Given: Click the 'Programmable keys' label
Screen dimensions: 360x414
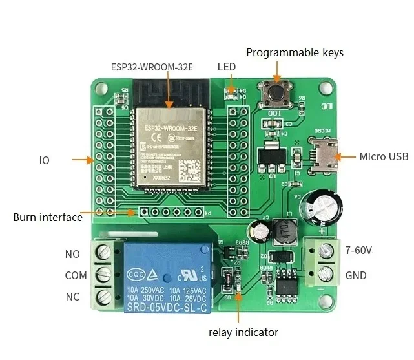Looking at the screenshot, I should point(295,52).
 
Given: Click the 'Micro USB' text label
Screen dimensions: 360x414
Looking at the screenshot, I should point(384,156).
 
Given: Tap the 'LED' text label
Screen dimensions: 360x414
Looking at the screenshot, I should point(227,67).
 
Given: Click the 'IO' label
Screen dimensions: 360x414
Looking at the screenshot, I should point(44,159).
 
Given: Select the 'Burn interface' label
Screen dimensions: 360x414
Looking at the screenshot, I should point(48,217).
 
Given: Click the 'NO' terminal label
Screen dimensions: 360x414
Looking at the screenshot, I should point(72,254).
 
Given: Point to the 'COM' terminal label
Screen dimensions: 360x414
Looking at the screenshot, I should point(76,275).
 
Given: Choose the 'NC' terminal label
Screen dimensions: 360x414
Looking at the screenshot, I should point(72,297).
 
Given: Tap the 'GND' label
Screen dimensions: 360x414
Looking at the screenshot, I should point(356,275).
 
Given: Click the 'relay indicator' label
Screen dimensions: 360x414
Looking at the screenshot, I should point(243,332).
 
